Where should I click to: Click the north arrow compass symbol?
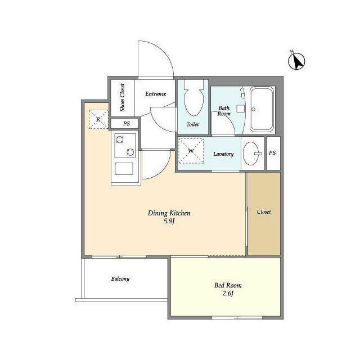(x=296, y=61)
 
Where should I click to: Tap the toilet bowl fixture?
(x=193, y=98)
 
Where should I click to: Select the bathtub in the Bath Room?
(x=262, y=109)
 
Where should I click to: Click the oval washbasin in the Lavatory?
(x=251, y=154)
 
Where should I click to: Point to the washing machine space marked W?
(x=191, y=151)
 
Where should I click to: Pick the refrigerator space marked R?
(x=98, y=119)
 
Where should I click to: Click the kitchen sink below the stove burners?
(x=124, y=169)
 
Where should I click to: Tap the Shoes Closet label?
(x=123, y=97)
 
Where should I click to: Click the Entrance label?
(x=156, y=94)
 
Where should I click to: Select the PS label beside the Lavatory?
(x=272, y=152)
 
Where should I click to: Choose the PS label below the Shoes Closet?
(x=127, y=124)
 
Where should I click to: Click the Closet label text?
(x=264, y=211)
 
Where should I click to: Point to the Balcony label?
(x=120, y=279)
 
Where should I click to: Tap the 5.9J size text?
(x=169, y=221)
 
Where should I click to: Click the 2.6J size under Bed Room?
(x=228, y=294)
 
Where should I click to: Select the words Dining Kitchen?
(x=169, y=213)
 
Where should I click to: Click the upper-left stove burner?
(x=120, y=139)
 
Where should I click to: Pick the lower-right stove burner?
(x=130, y=152)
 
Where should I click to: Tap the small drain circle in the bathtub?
(x=254, y=109)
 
